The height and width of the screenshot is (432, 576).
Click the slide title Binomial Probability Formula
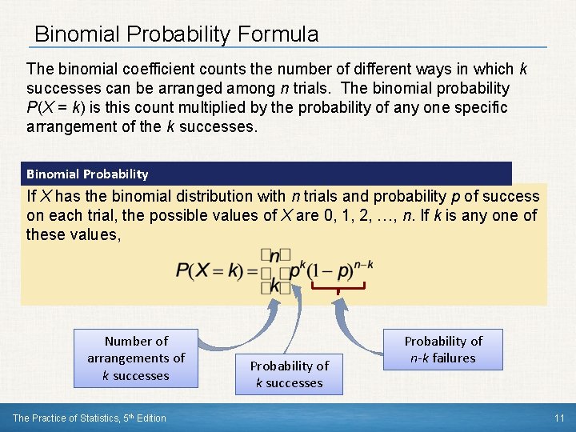tap(176, 34)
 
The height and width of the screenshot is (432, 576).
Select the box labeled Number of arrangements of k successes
tap(136, 358)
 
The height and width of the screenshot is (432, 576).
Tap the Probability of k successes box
tap(289, 374)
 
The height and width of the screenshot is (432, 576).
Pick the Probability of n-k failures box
tap(443, 350)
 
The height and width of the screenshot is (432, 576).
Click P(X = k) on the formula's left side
tap(210, 270)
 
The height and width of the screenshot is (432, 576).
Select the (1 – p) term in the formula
tap(325, 270)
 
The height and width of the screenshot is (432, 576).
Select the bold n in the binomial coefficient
tap(274, 256)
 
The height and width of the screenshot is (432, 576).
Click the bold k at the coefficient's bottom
tap(274, 286)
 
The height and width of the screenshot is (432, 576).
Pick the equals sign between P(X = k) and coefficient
tap(250, 271)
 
